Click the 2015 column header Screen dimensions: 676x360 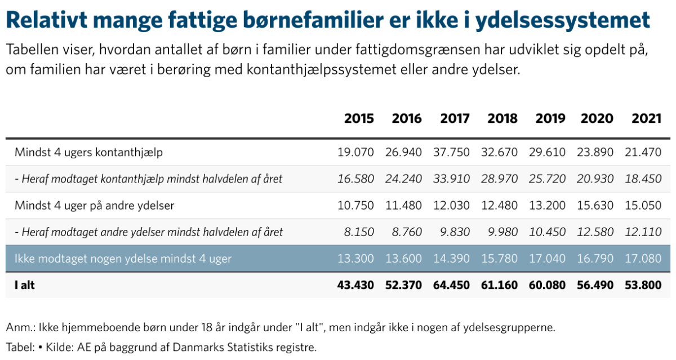(x=359, y=118)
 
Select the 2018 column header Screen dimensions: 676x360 (x=502, y=118)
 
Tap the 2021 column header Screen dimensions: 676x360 (x=647, y=118)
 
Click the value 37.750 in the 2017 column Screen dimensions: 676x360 (x=451, y=152)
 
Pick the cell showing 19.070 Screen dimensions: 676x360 (x=355, y=152)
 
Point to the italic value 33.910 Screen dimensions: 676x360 (x=451, y=179)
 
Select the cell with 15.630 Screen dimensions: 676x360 (x=595, y=206)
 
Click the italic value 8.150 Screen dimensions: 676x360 (x=359, y=232)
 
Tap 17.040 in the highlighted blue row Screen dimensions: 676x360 (x=547, y=259)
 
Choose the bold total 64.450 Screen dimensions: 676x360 (x=451, y=285)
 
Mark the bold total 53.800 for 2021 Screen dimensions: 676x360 (x=643, y=285)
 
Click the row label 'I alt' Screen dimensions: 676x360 (x=24, y=285)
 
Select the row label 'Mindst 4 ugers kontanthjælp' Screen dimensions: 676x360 (x=89, y=152)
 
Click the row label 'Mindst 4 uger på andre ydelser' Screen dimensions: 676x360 (x=95, y=206)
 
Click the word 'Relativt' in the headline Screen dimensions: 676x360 (x=46, y=20)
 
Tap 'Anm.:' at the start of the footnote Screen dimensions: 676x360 (x=20, y=327)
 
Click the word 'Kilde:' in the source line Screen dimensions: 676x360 (x=60, y=348)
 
